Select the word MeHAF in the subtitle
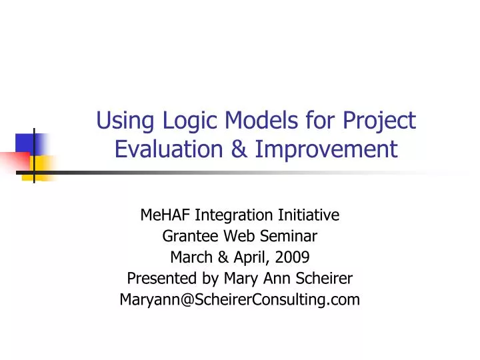point(165,215)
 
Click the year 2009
point(291,257)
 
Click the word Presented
point(157,279)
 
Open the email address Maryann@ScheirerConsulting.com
point(239,300)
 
